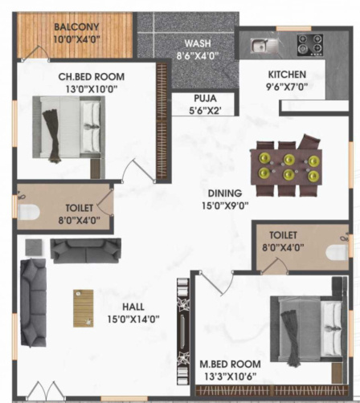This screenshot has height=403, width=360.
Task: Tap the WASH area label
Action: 197,43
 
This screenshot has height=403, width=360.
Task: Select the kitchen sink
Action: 263,44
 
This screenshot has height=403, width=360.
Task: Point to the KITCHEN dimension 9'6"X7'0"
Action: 286,87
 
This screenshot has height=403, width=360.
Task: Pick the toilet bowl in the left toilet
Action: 29,212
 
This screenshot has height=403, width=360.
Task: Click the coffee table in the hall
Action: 84,307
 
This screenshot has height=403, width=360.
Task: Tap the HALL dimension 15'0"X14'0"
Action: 133,319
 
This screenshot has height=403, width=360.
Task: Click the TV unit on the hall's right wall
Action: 182,321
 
